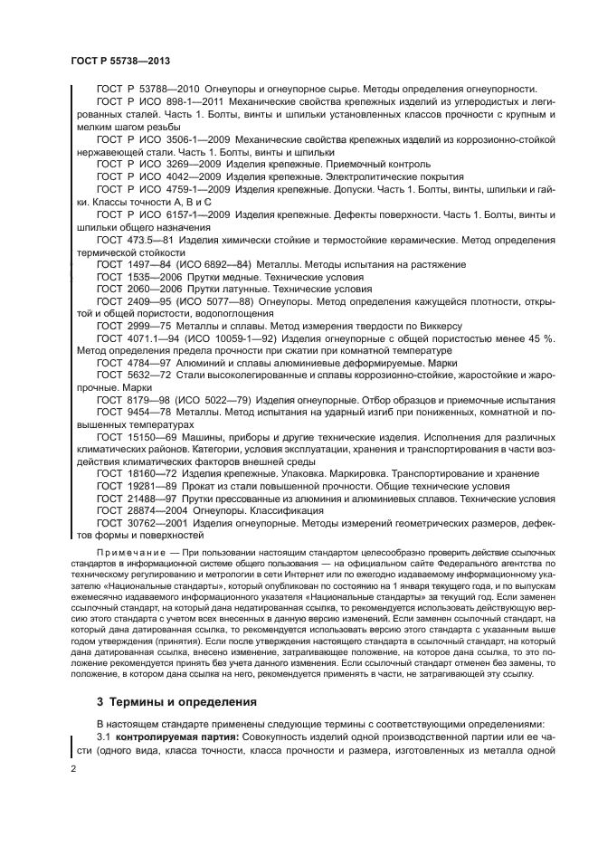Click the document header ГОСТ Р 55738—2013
pos(120,61)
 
